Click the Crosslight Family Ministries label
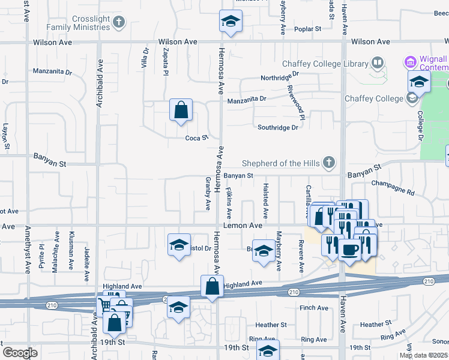pos(91,23)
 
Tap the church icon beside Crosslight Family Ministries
pos(119,23)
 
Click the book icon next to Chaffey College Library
pos(378,62)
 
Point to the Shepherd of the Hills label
pos(280,163)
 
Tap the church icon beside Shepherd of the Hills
pos(328,162)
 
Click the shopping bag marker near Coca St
pos(181,110)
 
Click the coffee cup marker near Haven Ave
pos(350,248)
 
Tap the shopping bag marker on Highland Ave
pos(212,286)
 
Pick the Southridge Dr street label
pos(278,127)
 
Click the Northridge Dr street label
pos(280,76)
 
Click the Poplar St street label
pos(309,28)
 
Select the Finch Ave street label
pos(314,308)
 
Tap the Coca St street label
pos(196,137)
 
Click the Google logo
pos(20,353)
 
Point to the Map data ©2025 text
pos(423,355)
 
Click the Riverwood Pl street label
pos(297,100)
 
